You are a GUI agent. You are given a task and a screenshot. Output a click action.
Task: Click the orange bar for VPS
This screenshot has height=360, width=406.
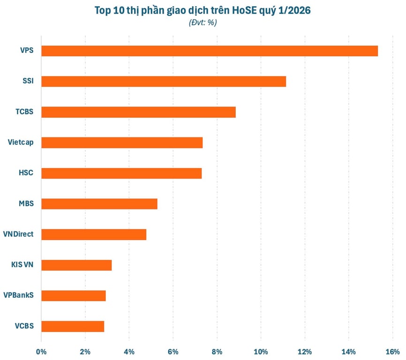click(210, 51)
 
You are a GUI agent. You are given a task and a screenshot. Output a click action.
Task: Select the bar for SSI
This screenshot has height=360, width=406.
click(164, 82)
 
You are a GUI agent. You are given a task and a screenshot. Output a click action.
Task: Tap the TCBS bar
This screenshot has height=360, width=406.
click(138, 112)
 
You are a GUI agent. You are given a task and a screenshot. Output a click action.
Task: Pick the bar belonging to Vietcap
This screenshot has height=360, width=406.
click(122, 142)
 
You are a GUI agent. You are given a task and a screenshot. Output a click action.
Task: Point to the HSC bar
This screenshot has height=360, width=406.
click(121, 173)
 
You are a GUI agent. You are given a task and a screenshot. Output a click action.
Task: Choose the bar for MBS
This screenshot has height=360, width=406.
click(99, 204)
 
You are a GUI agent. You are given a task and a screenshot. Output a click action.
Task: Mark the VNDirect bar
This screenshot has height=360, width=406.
click(94, 234)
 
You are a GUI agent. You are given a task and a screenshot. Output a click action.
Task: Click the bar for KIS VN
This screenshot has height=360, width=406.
click(76, 265)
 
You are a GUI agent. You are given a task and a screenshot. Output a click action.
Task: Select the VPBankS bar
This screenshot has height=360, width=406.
click(74, 296)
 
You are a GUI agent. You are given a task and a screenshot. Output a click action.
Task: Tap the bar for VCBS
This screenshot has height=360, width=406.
click(73, 326)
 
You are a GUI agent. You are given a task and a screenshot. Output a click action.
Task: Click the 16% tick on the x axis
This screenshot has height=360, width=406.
click(392, 352)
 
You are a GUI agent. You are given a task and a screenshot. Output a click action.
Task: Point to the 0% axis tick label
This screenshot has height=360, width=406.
click(41, 352)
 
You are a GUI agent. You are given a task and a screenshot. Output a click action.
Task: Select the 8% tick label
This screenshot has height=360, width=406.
click(217, 352)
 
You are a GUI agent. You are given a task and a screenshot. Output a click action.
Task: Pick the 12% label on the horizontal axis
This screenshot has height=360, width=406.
click(305, 352)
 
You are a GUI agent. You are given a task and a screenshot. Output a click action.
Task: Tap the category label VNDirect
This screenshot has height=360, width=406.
click(18, 234)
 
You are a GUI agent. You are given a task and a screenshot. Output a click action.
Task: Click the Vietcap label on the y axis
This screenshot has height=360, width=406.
click(21, 142)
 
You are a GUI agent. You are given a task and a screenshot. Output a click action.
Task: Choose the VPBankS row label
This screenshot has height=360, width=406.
click(19, 295)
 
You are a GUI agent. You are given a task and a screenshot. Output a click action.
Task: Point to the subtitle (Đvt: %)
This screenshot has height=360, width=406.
click(203, 22)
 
